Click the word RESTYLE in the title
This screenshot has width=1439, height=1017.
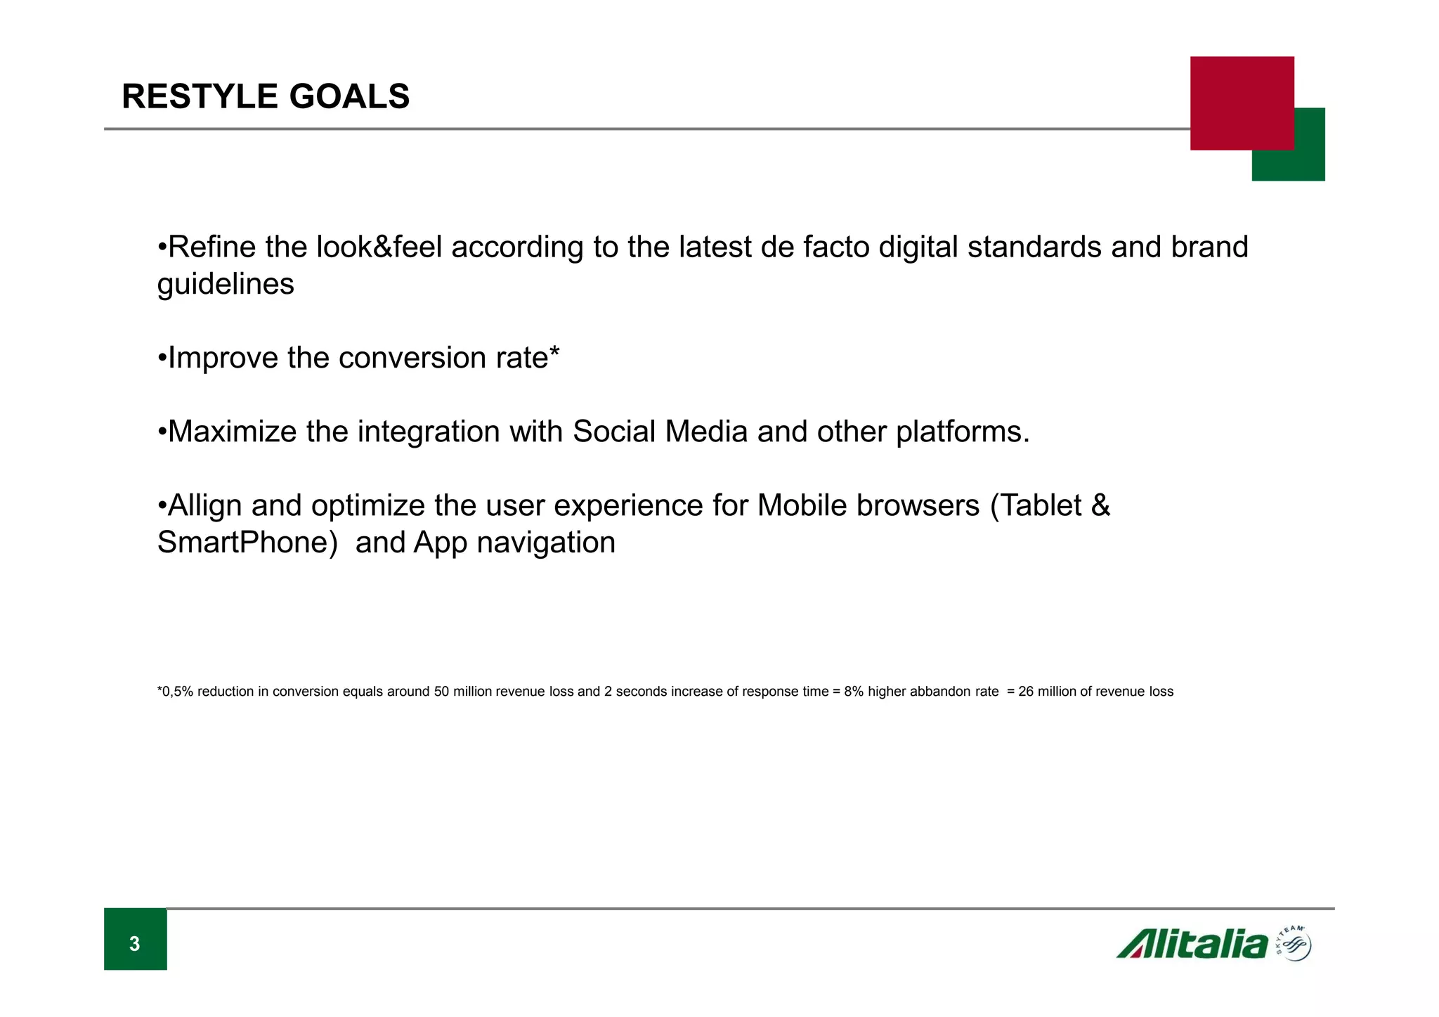[198, 96]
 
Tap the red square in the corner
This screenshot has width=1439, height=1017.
[1241, 103]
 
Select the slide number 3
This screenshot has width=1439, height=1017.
[135, 943]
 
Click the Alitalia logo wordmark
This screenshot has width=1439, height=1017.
[1192, 944]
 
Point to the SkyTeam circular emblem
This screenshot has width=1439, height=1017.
[1294, 944]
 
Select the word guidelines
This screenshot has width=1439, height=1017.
[225, 285]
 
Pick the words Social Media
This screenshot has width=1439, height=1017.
[660, 432]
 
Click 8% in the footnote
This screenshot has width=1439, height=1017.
[853, 692]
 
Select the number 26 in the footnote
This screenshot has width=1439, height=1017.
[1025, 692]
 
